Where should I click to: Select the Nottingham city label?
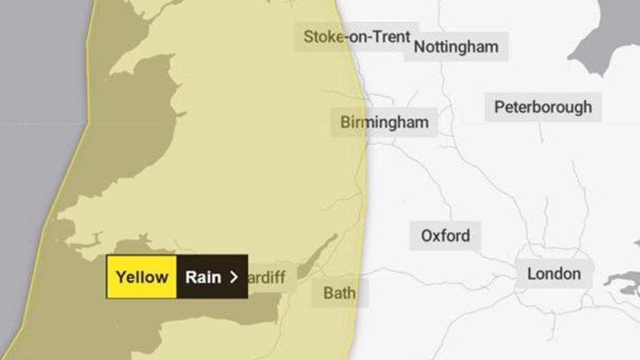pyautogui.click(x=456, y=47)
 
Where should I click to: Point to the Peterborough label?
pyautogui.click(x=543, y=107)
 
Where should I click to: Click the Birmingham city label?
pyautogui.click(x=384, y=122)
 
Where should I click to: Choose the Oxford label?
pyautogui.click(x=445, y=235)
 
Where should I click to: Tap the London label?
pyautogui.click(x=553, y=273)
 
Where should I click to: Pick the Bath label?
pyautogui.click(x=339, y=293)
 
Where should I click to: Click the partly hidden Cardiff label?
pyautogui.click(x=268, y=277)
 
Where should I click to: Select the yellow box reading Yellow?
pyautogui.click(x=142, y=277)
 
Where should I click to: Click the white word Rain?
pyautogui.click(x=203, y=277)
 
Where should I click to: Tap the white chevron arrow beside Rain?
pyautogui.click(x=233, y=277)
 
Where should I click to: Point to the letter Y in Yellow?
pyautogui.click(x=120, y=277)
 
